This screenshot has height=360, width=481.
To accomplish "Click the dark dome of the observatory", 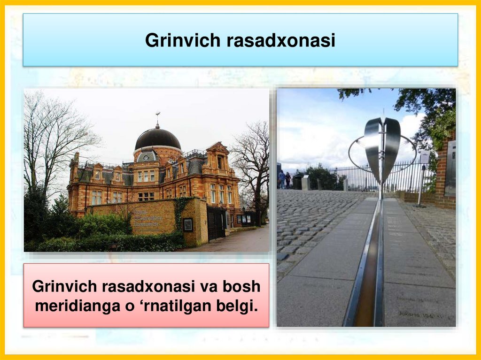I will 158,139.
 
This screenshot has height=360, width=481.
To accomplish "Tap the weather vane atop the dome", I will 158,115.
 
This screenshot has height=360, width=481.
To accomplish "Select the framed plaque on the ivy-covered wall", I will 188,224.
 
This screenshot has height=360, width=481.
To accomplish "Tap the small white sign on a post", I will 425,157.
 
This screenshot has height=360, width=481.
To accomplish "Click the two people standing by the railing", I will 285,179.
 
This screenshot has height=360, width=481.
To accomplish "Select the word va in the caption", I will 207,286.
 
